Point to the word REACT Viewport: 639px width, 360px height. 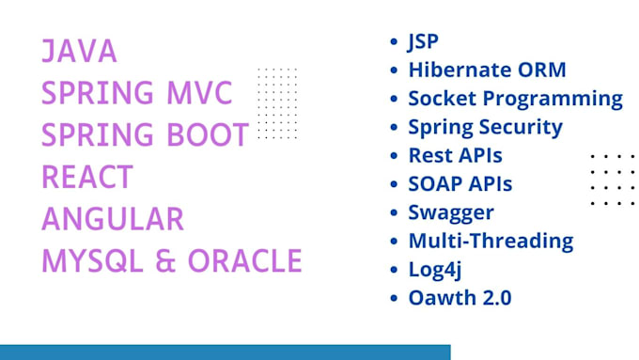click(87, 177)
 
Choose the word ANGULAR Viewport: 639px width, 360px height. click(112, 218)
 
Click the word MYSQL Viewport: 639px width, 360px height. click(87, 260)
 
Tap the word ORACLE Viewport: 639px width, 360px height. click(246, 260)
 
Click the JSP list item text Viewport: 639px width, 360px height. click(424, 42)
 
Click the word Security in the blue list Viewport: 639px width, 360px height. click(522, 126)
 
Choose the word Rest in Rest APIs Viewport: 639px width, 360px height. click(429, 155)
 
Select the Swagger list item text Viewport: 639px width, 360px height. click(450, 212)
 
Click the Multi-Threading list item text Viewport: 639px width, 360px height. click(491, 241)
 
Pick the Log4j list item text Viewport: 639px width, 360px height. click(434, 270)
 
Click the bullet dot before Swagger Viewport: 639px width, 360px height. click(393, 212)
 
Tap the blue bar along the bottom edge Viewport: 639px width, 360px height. click(226, 352)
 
